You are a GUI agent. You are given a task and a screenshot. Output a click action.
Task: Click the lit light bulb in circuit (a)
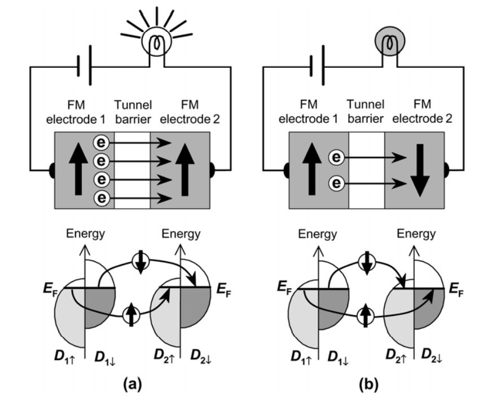click(x=156, y=41)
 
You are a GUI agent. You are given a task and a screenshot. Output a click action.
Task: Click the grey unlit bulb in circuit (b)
click(x=390, y=41)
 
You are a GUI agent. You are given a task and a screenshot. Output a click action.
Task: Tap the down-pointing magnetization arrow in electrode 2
click(x=420, y=170)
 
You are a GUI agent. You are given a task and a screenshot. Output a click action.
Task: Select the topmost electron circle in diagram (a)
click(x=101, y=143)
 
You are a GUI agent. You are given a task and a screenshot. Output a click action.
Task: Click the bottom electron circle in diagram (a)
click(x=102, y=198)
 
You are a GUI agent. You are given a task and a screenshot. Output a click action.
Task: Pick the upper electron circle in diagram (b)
click(x=336, y=157)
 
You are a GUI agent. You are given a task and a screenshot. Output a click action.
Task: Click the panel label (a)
click(x=133, y=384)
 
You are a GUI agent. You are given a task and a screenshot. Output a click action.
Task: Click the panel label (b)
click(x=368, y=384)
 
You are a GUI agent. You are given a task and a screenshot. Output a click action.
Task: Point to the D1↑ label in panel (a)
click(x=65, y=356)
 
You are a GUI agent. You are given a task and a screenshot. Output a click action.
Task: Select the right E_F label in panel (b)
click(x=456, y=289)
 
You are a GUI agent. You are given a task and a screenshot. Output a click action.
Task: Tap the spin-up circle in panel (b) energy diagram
click(x=366, y=315)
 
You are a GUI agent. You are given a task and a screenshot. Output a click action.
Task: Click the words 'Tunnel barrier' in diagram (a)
click(x=133, y=112)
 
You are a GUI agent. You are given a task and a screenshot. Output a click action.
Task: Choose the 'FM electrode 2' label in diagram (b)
click(x=422, y=111)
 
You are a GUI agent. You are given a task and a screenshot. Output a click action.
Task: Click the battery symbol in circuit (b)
click(x=317, y=65)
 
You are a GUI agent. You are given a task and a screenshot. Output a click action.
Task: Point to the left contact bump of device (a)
click(x=52, y=170)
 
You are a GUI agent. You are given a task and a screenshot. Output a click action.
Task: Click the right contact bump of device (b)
click(x=447, y=170)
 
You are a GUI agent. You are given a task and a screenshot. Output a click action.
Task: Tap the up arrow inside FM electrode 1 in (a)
click(x=78, y=169)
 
